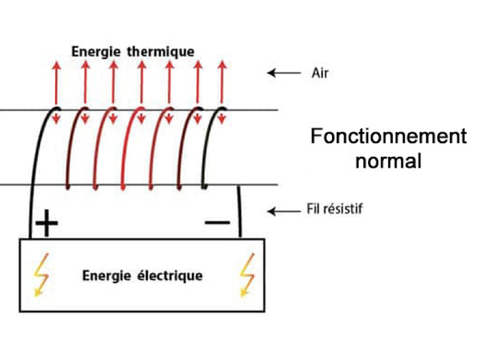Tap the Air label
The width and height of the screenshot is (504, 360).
click(320, 73)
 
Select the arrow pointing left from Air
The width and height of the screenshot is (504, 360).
click(282, 73)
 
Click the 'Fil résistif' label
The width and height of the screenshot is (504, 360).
click(338, 211)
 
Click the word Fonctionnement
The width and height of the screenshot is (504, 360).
click(388, 137)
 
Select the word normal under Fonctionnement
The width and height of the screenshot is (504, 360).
click(388, 161)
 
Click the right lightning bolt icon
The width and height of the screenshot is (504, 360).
click(247, 274)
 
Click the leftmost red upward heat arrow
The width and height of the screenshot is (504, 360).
click(56, 83)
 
